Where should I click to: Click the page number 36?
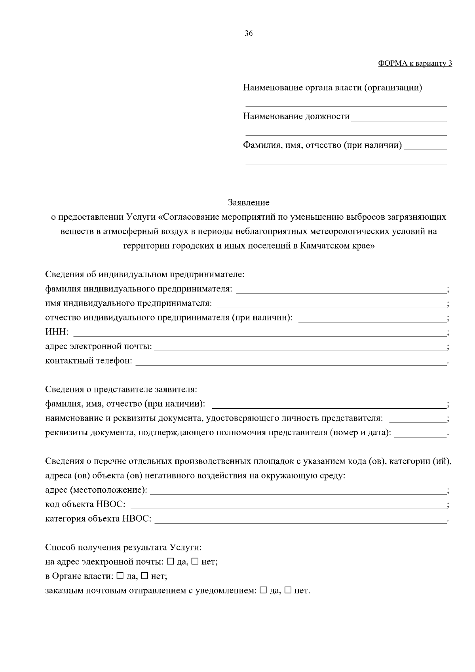249,34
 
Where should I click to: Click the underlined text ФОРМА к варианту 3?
415,63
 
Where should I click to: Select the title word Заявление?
249,203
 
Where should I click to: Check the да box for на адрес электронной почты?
171,562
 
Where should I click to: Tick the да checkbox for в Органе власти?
120,576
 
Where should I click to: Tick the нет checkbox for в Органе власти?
145,576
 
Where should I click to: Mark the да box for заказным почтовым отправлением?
263,590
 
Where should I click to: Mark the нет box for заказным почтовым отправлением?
288,590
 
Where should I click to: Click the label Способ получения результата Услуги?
123,547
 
